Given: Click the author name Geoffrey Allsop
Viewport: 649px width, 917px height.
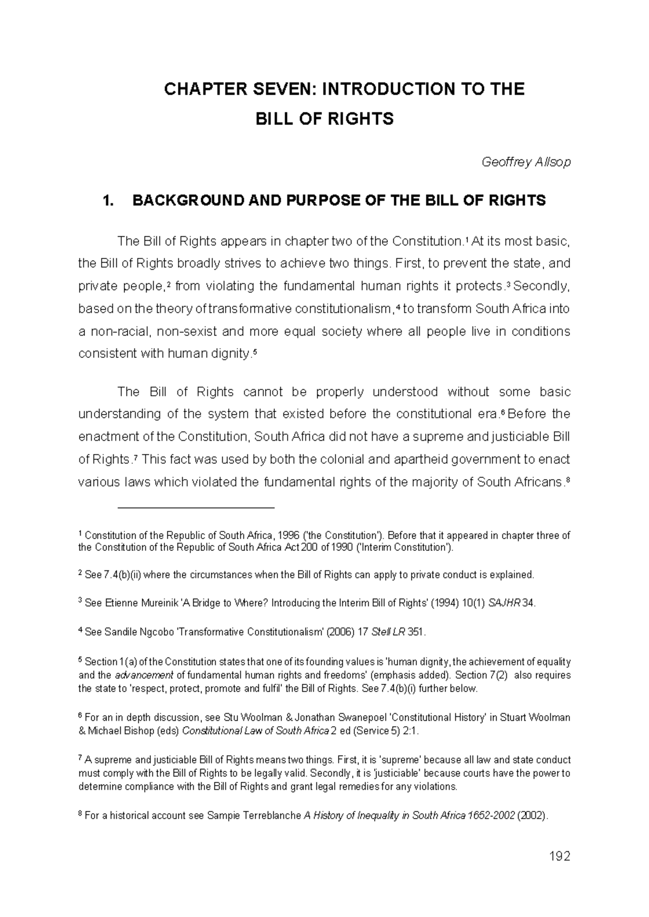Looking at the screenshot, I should click(x=526, y=162).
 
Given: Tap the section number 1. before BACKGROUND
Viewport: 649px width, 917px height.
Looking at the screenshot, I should click(x=109, y=201).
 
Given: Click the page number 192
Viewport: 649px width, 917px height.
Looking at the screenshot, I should click(x=559, y=856).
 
